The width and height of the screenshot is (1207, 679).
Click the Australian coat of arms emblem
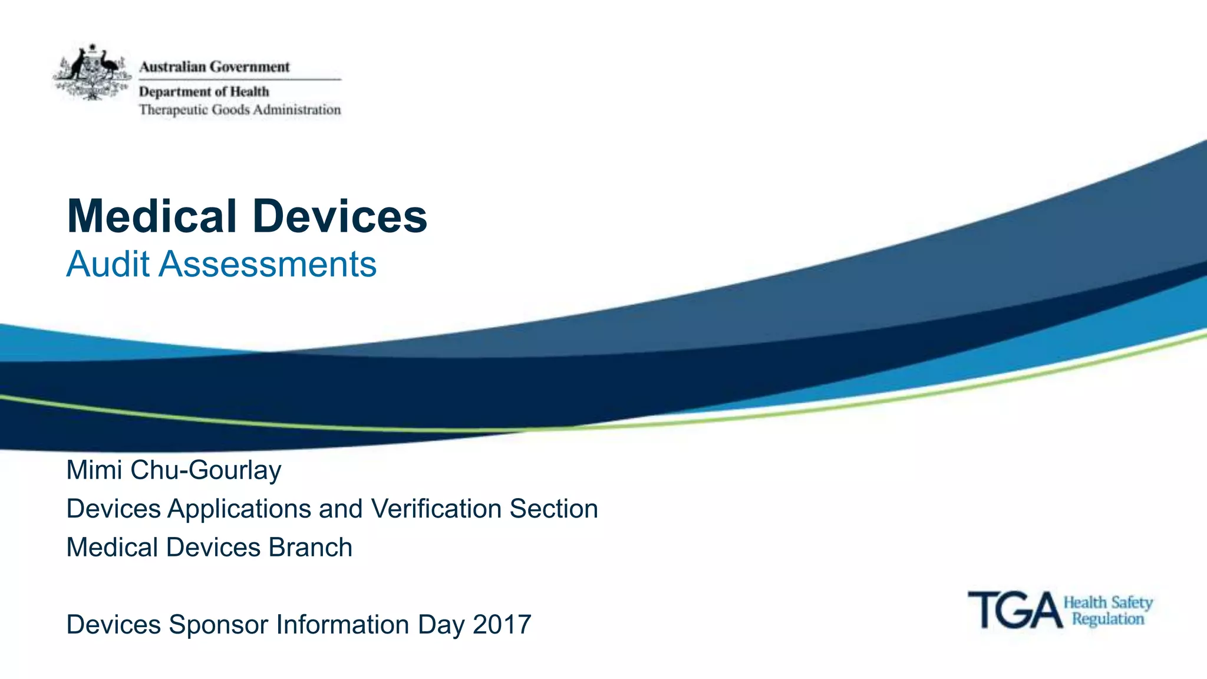[93, 72]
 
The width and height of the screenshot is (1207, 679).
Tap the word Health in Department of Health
[249, 92]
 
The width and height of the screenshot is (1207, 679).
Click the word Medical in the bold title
[152, 216]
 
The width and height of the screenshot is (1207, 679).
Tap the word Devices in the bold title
[339, 216]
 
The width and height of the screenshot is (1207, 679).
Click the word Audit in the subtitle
[108, 264]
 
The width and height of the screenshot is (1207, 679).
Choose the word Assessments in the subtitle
[268, 264]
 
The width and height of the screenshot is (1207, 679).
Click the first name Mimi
[94, 470]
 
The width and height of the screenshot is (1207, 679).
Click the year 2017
[502, 625]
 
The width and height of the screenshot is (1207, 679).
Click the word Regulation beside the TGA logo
[1107, 619]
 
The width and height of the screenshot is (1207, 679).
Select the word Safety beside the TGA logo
[1132, 603]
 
